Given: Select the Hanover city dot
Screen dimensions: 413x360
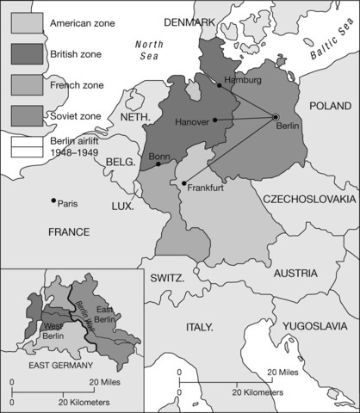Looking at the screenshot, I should pyautogui.click(x=214, y=120).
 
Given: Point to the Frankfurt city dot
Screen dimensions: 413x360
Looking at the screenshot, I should pyautogui.click(x=183, y=182).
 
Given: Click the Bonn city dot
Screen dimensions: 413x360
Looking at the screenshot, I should pyautogui.click(x=158, y=163).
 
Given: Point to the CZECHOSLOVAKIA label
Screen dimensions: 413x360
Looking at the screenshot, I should pyautogui.click(x=309, y=198).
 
